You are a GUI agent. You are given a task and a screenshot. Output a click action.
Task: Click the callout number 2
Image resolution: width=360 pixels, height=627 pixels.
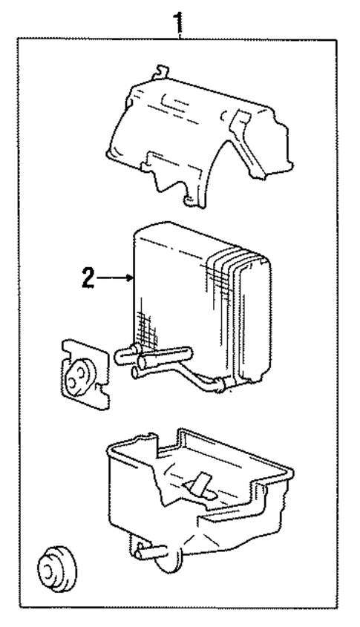pyautogui.click(x=88, y=279)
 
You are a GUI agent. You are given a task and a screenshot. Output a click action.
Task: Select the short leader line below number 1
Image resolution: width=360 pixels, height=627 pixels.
pyautogui.click(x=178, y=33)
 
